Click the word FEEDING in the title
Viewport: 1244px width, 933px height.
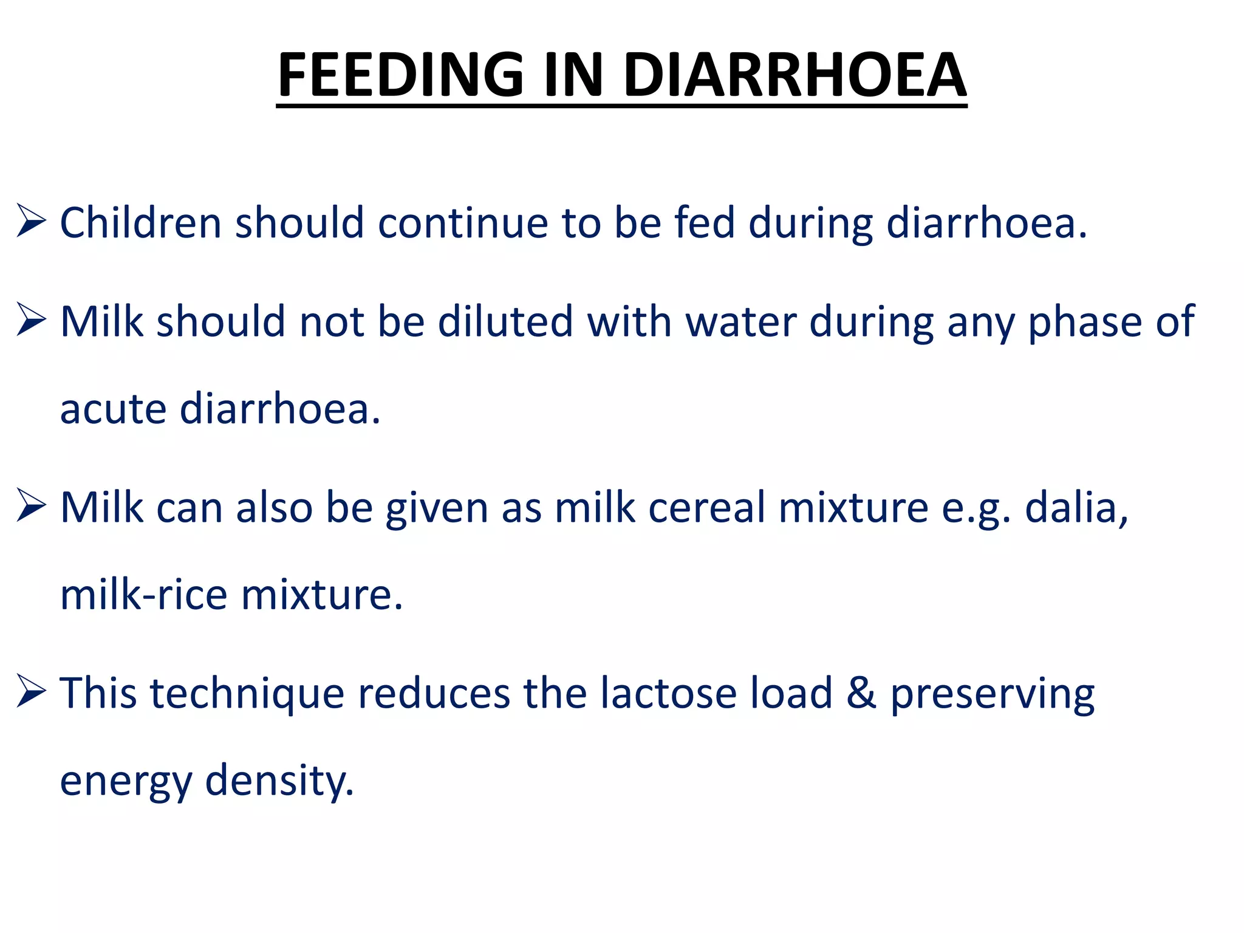[400, 75]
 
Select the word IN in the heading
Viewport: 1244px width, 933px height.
[573, 75]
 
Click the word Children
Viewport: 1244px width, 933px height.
[140, 223]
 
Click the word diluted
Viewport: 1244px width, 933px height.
[505, 321]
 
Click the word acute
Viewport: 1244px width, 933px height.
[113, 409]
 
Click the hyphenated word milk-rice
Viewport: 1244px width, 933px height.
[144, 595]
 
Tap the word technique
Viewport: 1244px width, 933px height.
[247, 694]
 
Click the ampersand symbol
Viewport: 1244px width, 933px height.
[861, 693]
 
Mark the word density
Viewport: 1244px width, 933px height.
[279, 782]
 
